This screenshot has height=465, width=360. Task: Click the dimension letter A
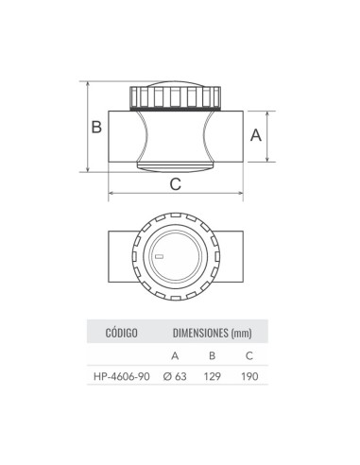[255, 135]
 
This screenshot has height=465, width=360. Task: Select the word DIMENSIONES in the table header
[202, 333]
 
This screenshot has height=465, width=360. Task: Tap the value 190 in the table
[249, 376]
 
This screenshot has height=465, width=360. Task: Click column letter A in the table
[174, 355]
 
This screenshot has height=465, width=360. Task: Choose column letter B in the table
[213, 355]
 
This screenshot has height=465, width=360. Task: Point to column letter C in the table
[249, 355]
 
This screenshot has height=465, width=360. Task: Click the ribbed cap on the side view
[177, 97]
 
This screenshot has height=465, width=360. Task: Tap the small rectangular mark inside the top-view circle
[159, 256]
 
